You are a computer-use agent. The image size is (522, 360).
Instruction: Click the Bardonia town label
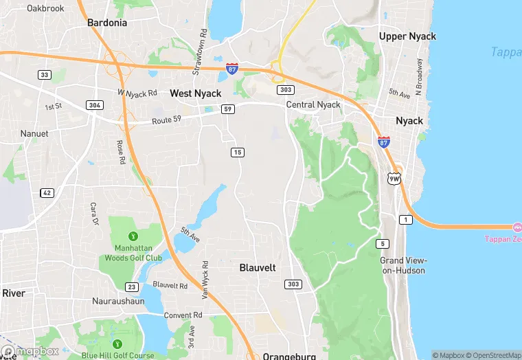coord(107,23)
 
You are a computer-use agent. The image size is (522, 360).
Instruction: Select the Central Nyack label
coord(313,105)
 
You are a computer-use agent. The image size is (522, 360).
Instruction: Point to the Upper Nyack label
coord(407,36)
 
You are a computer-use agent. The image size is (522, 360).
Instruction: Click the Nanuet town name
coord(34,133)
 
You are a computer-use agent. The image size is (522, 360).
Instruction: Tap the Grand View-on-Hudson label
coord(404,265)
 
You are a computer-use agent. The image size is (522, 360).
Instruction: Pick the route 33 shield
coord(45,75)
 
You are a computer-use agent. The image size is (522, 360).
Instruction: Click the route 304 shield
coord(95,105)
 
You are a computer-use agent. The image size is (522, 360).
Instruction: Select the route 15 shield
coord(238,152)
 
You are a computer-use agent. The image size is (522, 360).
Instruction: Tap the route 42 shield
coord(47,193)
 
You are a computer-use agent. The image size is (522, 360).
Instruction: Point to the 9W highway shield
coord(394,179)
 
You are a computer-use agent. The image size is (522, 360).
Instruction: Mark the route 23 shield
coord(132,286)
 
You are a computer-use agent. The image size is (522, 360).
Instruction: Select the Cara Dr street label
coord(94,214)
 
